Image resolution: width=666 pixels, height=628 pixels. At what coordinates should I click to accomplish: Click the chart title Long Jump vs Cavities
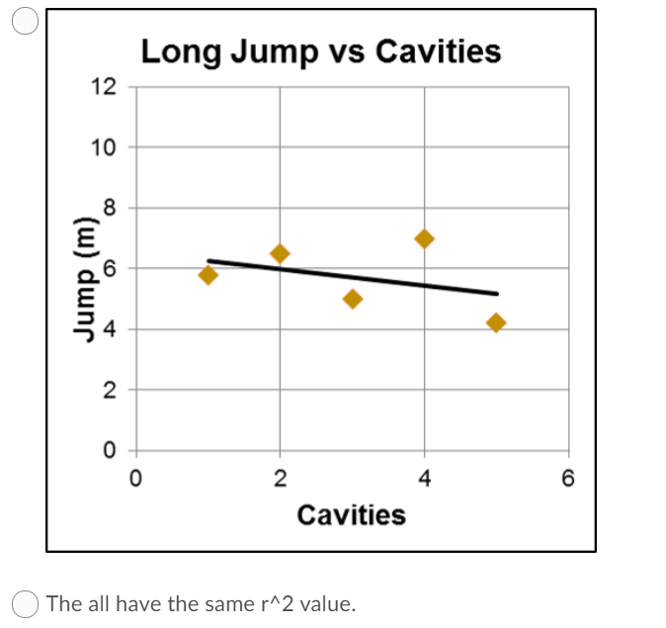[321, 50]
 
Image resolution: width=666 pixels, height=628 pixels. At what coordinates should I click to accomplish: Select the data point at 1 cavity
[208, 274]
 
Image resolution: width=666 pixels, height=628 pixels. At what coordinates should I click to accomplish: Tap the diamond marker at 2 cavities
[280, 254]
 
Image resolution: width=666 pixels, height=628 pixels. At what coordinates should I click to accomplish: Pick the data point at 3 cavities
[353, 299]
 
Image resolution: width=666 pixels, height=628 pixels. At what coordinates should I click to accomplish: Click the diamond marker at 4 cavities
[425, 238]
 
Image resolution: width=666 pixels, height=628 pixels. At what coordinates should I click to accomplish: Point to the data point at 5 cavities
[496, 322]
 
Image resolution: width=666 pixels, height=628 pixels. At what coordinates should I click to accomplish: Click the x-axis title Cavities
[351, 515]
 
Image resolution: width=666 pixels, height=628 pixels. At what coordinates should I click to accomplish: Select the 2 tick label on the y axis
[110, 390]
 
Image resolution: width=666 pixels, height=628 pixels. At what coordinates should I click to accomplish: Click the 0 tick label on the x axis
[135, 480]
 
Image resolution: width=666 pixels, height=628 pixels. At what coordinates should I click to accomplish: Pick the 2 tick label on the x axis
[280, 480]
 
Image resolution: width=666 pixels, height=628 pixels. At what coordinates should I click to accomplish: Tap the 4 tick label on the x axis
[425, 480]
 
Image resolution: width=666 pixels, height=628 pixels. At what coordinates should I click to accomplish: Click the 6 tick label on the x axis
[568, 480]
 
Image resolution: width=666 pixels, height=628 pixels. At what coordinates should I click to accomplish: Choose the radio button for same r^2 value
[26, 602]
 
